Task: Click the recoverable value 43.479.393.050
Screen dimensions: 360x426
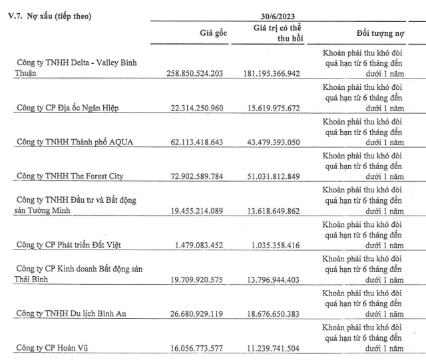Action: pos(279,142)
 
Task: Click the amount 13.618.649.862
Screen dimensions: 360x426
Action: pos(279,211)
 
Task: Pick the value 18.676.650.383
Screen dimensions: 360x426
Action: pos(279,315)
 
